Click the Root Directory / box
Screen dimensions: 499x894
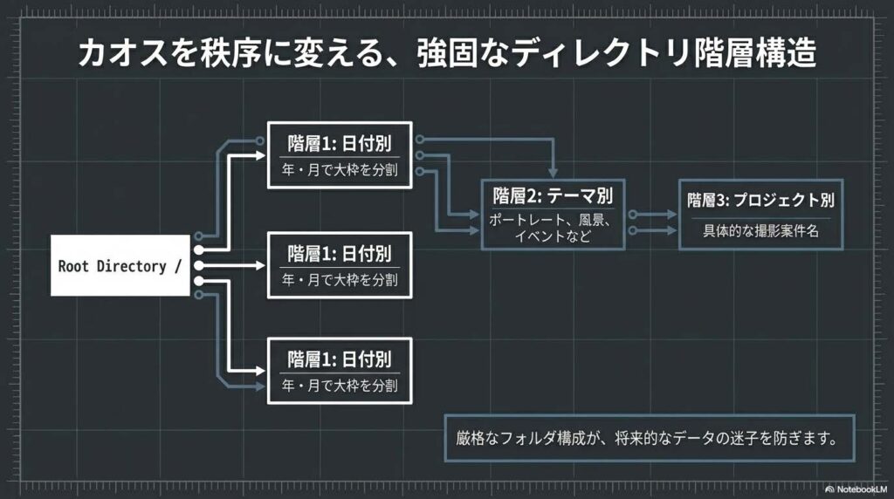120,265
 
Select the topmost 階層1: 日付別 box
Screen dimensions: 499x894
340,154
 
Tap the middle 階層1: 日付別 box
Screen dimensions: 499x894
340,265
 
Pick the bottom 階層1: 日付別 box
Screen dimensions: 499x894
340,370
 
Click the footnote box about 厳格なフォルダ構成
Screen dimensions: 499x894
648,438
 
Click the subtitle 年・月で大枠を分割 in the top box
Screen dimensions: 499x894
340,169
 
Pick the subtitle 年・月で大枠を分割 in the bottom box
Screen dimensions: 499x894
340,385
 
